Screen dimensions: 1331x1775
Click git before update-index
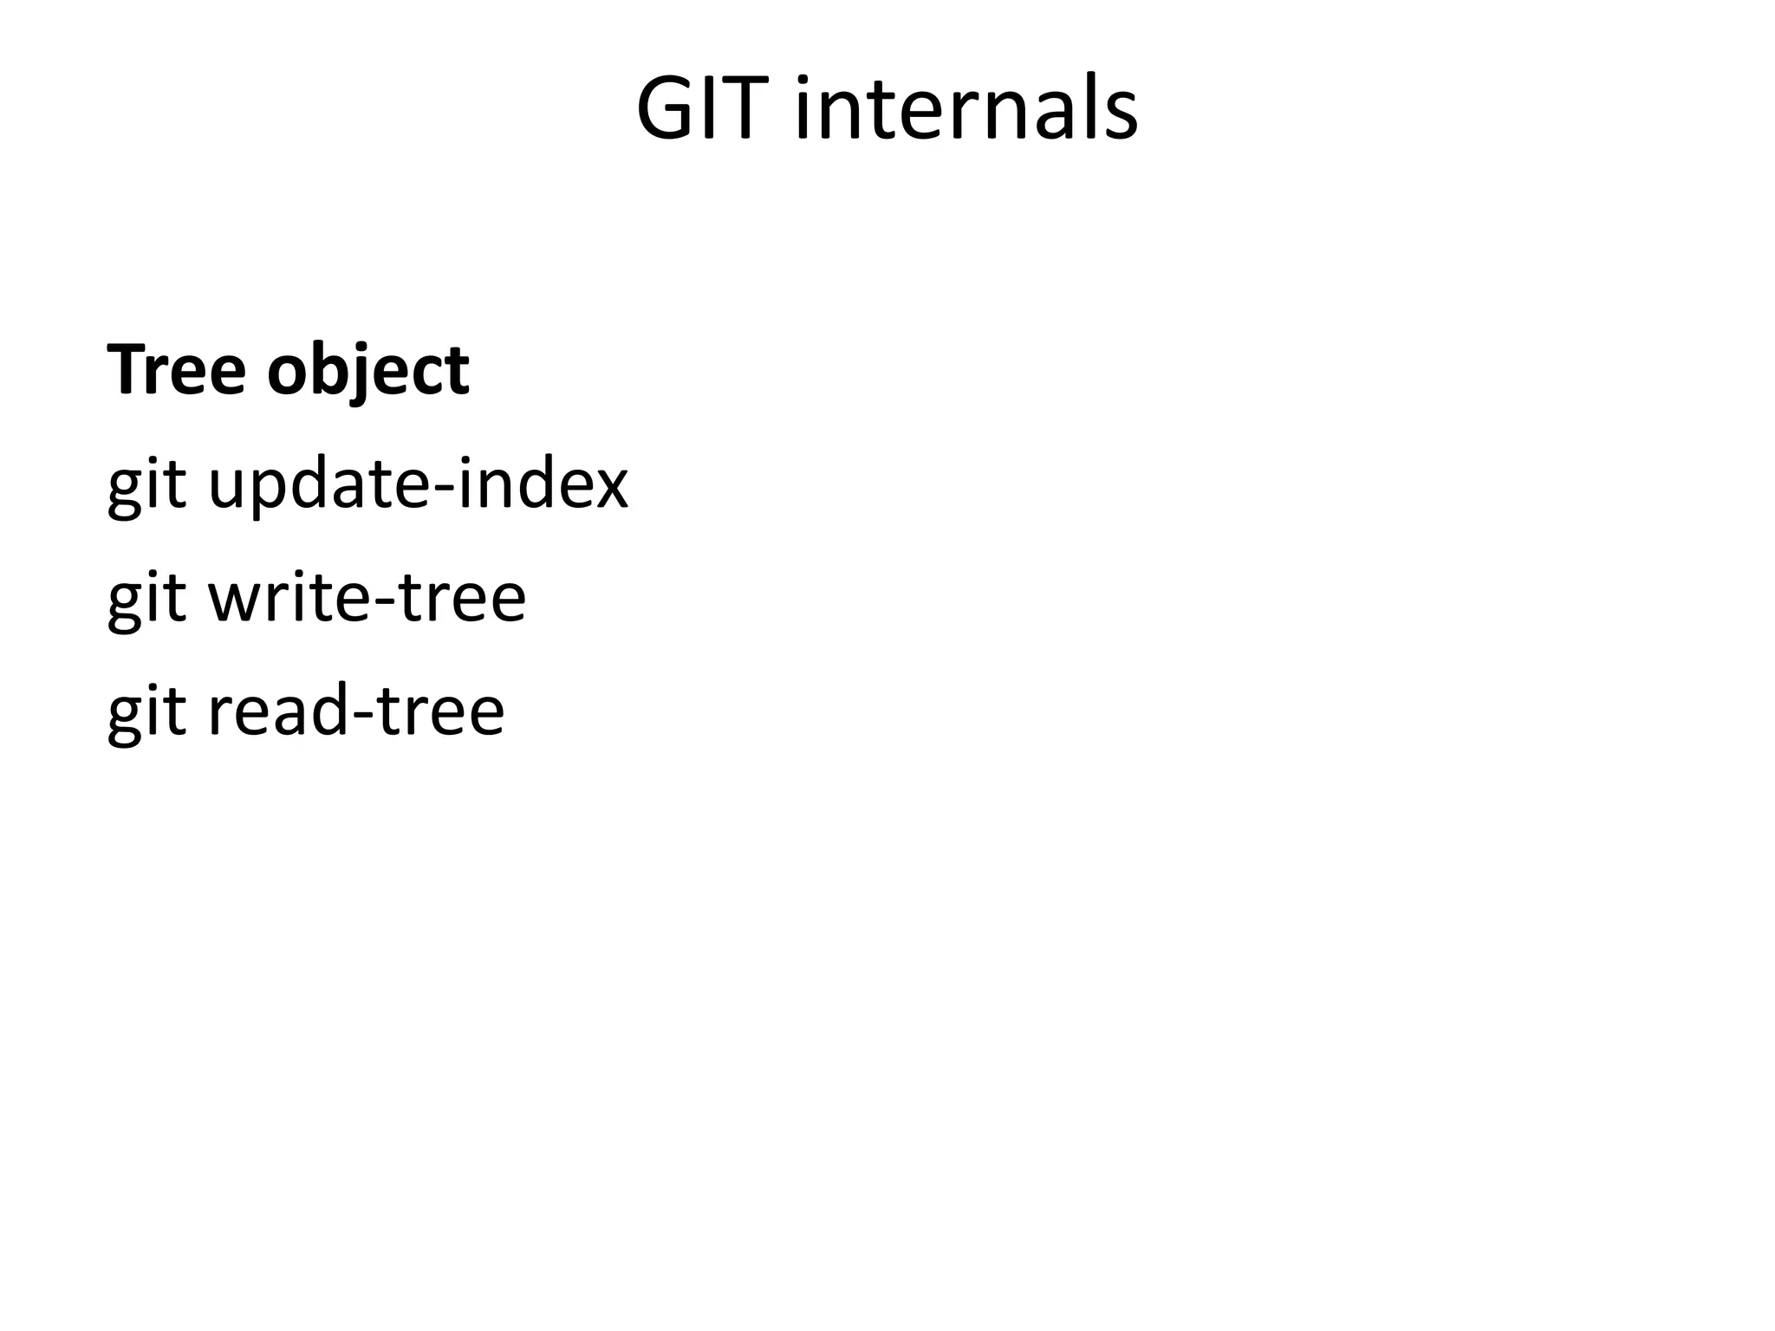click(x=146, y=485)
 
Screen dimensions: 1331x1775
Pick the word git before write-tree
click(x=146, y=599)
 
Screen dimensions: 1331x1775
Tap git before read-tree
click(x=146, y=712)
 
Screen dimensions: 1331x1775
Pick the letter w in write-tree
click(x=235, y=601)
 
